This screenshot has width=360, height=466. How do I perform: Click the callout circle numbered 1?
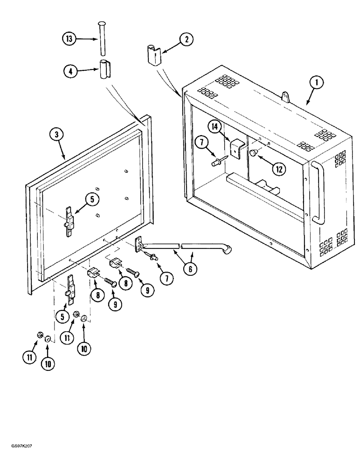click(x=316, y=83)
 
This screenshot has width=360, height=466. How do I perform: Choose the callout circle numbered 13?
click(x=69, y=39)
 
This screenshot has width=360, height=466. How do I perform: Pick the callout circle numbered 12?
click(x=278, y=170)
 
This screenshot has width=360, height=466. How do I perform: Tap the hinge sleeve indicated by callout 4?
click(x=104, y=69)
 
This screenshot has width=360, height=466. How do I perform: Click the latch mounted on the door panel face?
click(x=69, y=217)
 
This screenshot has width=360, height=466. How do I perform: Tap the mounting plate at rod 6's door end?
click(x=139, y=243)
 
